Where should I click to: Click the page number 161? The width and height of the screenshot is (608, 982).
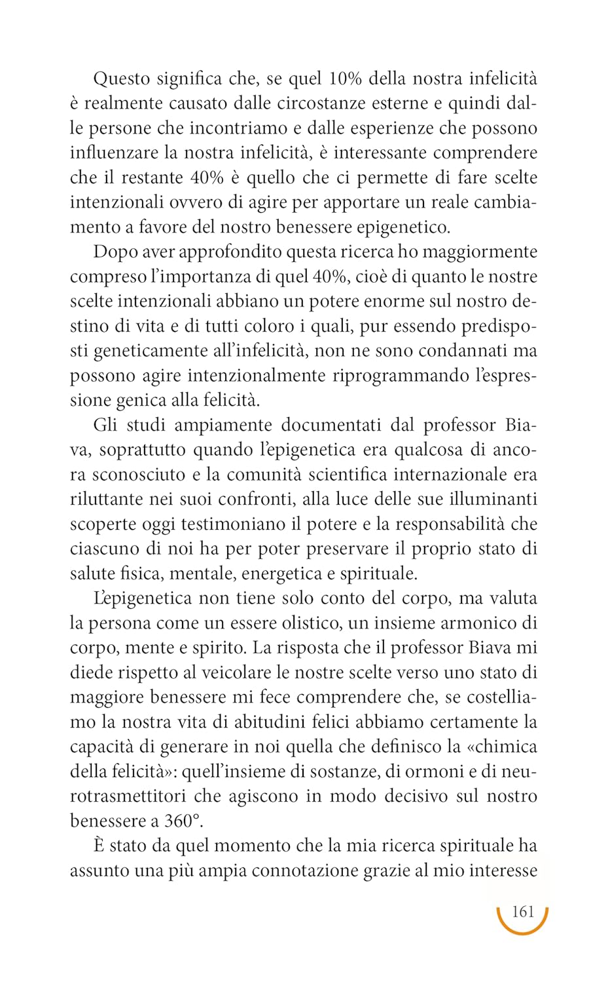click(523, 912)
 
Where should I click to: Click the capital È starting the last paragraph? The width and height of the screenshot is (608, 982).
click(99, 845)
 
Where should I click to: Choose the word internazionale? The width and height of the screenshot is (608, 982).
click(447, 475)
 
